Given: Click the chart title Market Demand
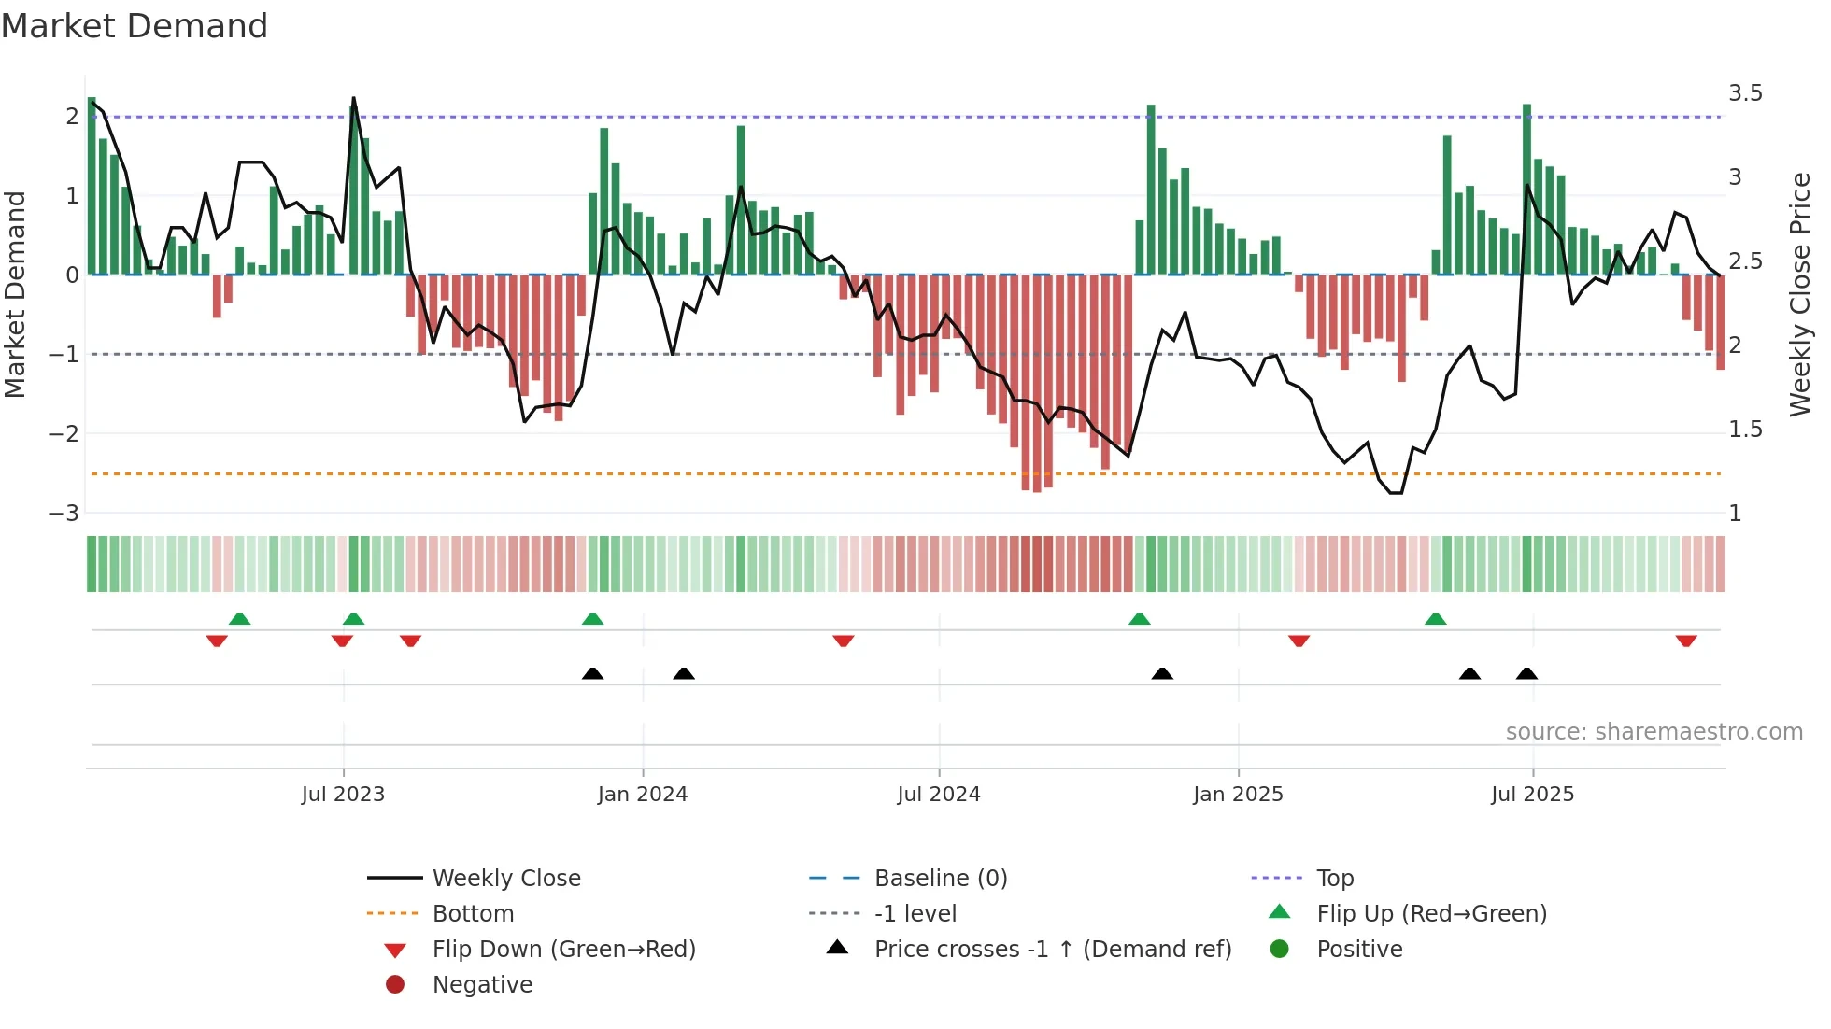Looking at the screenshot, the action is click(x=135, y=26).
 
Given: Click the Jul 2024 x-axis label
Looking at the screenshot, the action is click(x=938, y=795).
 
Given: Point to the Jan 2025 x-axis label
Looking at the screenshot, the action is click(x=1238, y=795).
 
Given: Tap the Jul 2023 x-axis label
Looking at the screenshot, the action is click(x=343, y=795).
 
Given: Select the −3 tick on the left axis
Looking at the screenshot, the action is click(x=64, y=513).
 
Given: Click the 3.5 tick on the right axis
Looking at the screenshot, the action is click(x=1745, y=93).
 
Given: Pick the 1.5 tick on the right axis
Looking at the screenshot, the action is click(x=1745, y=430).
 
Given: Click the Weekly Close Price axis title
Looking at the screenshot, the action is click(x=1799, y=294).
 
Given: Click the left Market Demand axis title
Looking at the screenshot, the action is click(x=15, y=294).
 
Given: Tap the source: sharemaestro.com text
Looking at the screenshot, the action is click(x=1654, y=732).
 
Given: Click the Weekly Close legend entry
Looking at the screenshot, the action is click(x=505, y=879).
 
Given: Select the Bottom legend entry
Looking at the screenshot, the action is click(x=473, y=914).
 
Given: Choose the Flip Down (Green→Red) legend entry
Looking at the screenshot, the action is click(x=563, y=950).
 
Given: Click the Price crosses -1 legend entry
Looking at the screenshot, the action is click(x=1052, y=950).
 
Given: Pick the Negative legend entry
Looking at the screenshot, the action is click(x=482, y=985).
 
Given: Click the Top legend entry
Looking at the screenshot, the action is click(x=1335, y=879).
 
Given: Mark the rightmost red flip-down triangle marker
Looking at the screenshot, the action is click(x=1686, y=641).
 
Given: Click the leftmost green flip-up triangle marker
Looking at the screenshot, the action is click(x=239, y=619).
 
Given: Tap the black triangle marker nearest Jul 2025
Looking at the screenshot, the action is click(x=1526, y=673).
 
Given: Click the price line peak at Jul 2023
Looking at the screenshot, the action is click(x=353, y=98).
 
